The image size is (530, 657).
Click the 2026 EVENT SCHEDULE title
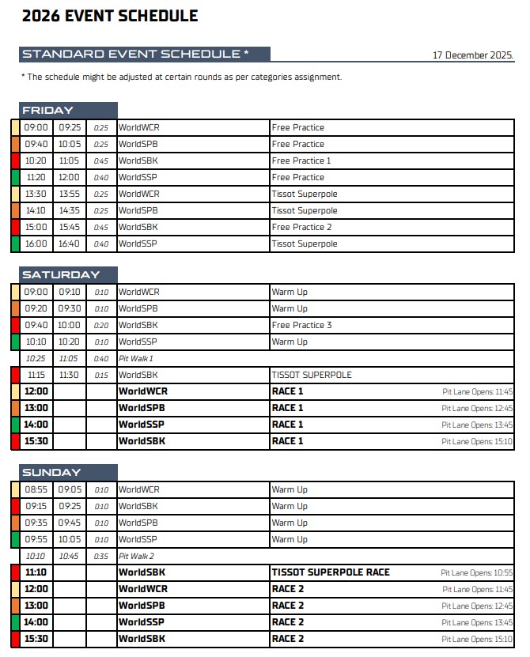[110, 17]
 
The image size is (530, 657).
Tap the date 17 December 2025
[472, 55]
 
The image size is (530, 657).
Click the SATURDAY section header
[61, 275]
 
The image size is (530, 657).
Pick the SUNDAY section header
[51, 473]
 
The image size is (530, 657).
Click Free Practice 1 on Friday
[301, 160]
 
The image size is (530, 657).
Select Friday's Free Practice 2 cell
[301, 227]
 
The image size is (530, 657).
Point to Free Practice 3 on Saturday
[301, 325]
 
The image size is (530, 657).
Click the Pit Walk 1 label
[136, 358]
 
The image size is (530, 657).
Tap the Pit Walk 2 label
[136, 556]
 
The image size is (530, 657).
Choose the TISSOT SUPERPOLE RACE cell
[331, 572]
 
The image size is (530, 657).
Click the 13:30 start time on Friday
[36, 194]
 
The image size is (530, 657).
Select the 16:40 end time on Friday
[70, 244]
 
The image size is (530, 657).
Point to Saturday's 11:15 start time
[36, 375]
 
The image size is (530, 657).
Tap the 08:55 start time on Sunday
[36, 489]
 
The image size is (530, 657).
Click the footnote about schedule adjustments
[181, 77]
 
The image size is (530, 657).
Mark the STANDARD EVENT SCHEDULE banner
[135, 54]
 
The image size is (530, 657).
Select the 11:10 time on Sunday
[36, 572]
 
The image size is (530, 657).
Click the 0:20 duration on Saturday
[101, 325]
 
